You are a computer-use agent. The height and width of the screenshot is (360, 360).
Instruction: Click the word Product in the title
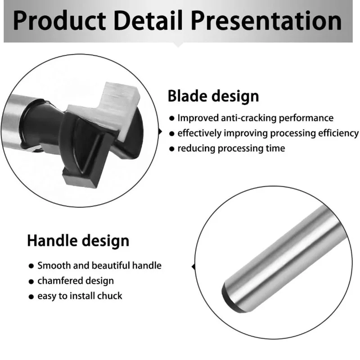(59, 20)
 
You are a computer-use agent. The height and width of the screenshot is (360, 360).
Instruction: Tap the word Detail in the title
(148, 20)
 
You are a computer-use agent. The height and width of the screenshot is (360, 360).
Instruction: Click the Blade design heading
(213, 96)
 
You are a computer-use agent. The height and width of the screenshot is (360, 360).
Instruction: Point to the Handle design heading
(78, 241)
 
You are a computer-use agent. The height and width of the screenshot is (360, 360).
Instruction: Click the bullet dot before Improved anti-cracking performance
(172, 118)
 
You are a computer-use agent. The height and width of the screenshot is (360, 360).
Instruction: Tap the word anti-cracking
(249, 118)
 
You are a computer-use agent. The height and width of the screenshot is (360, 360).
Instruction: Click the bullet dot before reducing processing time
(172, 149)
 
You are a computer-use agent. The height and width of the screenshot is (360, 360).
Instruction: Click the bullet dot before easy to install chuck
(31, 297)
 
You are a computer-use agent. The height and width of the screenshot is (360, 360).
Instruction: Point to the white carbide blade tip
(114, 108)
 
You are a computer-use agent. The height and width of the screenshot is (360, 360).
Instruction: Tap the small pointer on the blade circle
(160, 132)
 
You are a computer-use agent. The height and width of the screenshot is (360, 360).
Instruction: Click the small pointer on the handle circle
(193, 266)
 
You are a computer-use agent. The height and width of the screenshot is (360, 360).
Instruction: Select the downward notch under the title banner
(178, 45)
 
